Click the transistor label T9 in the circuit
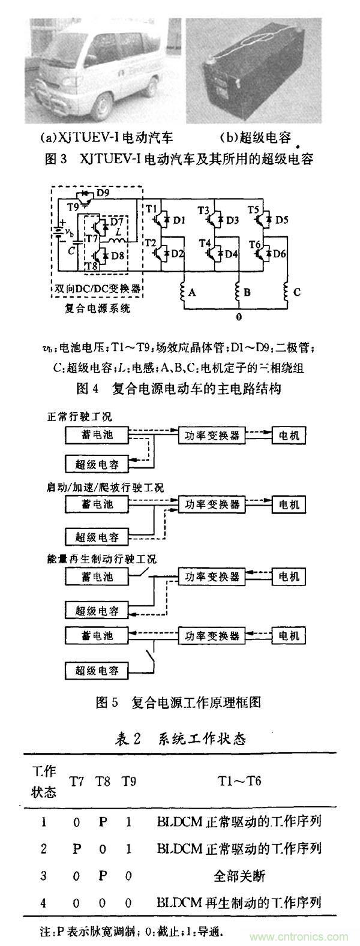coord(72,206)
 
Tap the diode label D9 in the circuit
coord(103,193)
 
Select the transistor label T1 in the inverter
coord(151,209)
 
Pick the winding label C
coord(296,293)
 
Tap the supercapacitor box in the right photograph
coord(264,78)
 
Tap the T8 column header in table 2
coord(102,782)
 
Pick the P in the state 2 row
coord(76,848)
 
